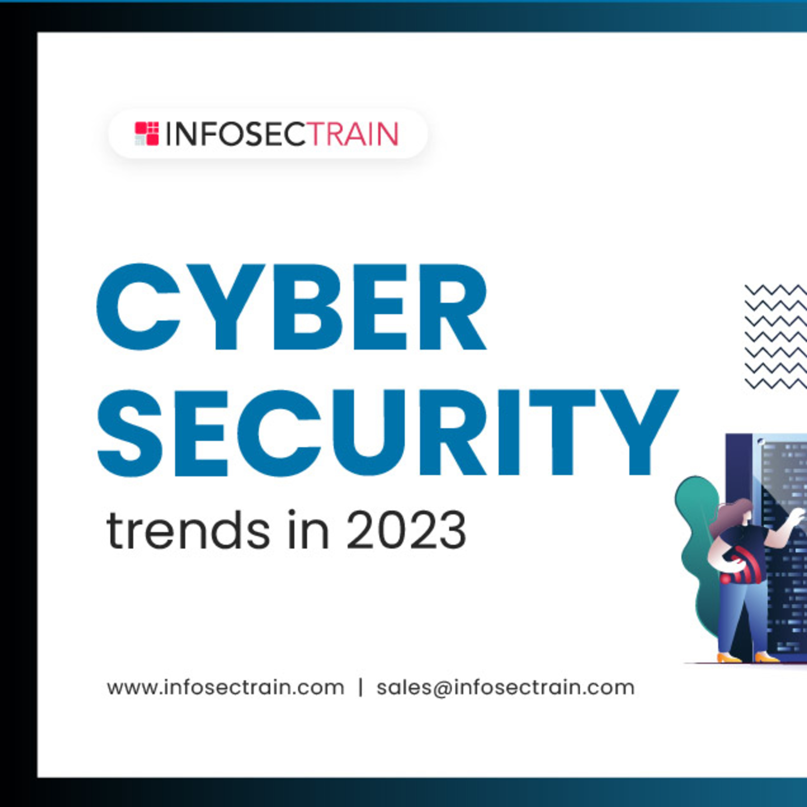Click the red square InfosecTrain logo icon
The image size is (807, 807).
click(x=147, y=134)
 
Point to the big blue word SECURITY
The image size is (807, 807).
click(x=387, y=433)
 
